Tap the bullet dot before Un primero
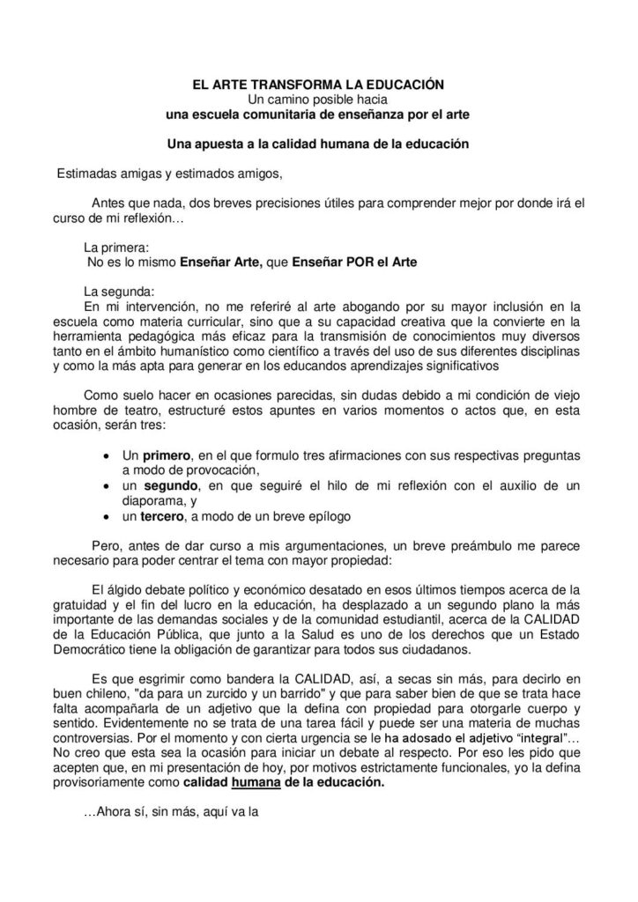click(107, 456)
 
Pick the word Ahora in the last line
click(109, 815)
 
